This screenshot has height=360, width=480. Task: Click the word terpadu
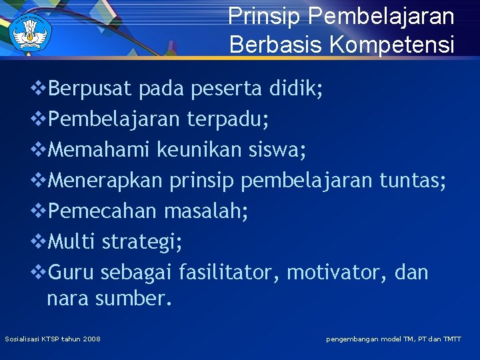tap(227, 119)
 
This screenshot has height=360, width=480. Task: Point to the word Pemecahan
tap(103, 211)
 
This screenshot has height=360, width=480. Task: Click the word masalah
tap(206, 211)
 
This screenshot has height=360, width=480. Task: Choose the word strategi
tap(142, 242)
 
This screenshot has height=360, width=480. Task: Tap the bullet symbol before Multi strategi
tap(39, 241)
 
